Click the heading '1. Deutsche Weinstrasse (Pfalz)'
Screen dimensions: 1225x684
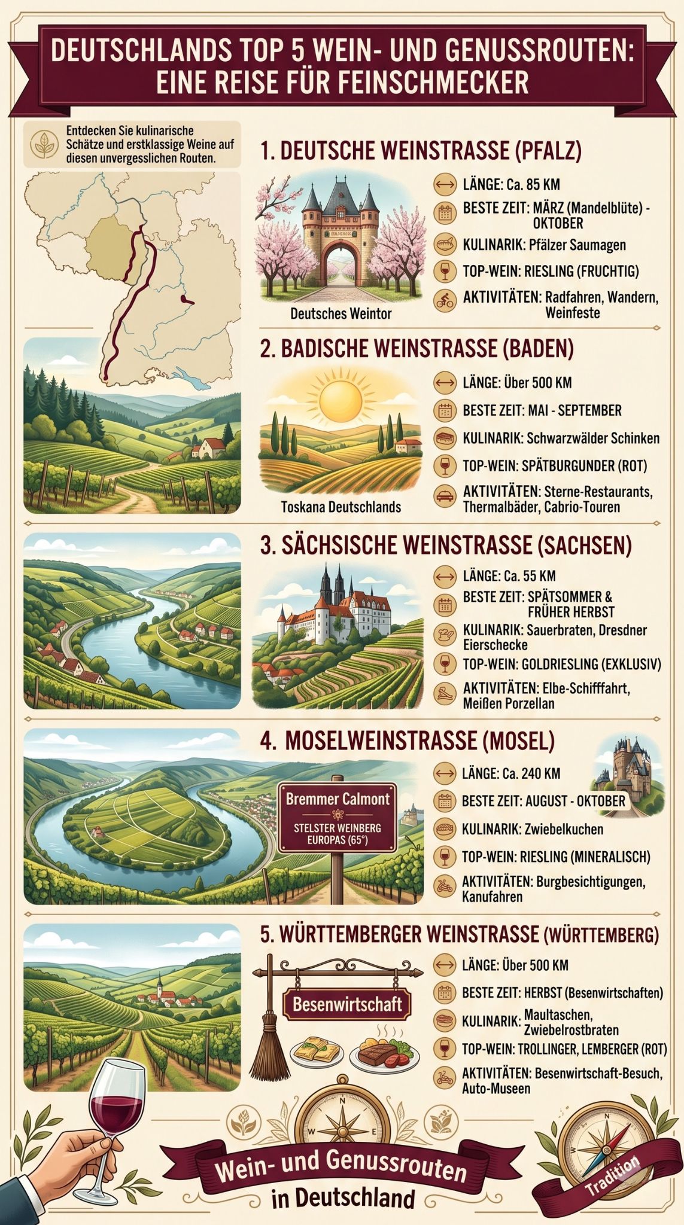pyautogui.click(x=421, y=151)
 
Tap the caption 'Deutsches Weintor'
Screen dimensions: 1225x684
pyautogui.click(x=341, y=313)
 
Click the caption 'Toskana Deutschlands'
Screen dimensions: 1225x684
pyautogui.click(x=341, y=507)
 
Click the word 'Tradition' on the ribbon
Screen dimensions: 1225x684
pyautogui.click(x=612, y=1176)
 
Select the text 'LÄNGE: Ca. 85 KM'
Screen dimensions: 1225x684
pyautogui.click(x=511, y=185)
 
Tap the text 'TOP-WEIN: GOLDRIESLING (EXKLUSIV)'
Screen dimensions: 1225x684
pyautogui.click(x=562, y=664)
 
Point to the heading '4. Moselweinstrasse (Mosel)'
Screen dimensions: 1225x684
pyautogui.click(x=407, y=741)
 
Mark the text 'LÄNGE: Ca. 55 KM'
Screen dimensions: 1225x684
pyautogui.click(x=509, y=576)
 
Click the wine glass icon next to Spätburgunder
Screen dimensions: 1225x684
pyautogui.click(x=444, y=465)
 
